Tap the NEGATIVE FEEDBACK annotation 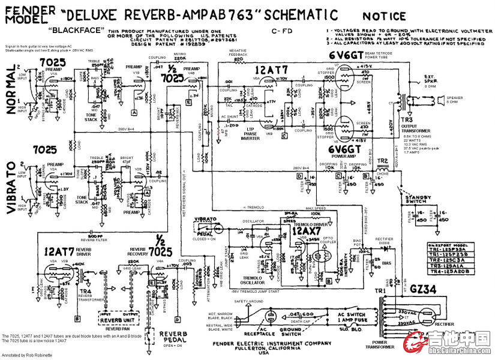239,53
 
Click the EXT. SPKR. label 431,78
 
